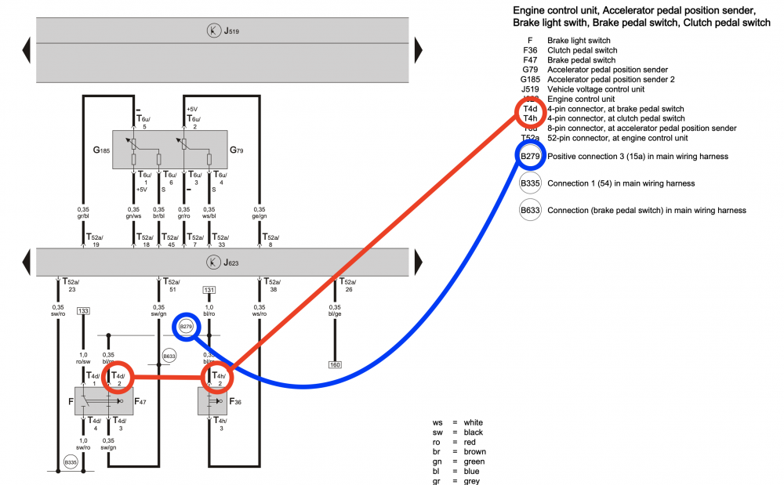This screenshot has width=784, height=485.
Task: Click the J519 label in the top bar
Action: pos(231,31)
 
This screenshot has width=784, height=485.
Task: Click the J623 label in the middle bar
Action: pos(231,261)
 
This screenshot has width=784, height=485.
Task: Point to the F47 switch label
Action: pos(140,402)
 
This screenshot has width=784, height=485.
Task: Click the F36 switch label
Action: pos(235,402)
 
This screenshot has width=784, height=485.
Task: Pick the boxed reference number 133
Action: pos(83,311)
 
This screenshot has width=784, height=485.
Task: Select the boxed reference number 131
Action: pos(209,290)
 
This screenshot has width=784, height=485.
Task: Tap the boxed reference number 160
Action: pos(336,364)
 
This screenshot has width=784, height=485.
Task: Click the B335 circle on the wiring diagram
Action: pos(71,462)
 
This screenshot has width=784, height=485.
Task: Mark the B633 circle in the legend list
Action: pos(531,210)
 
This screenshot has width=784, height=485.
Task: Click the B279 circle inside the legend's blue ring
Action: pos(531,157)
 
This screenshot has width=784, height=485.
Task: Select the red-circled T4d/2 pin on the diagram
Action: pos(118,378)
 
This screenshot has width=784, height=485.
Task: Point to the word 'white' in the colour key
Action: pos(474,422)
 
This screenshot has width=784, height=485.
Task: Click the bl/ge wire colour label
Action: pos(336,312)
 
